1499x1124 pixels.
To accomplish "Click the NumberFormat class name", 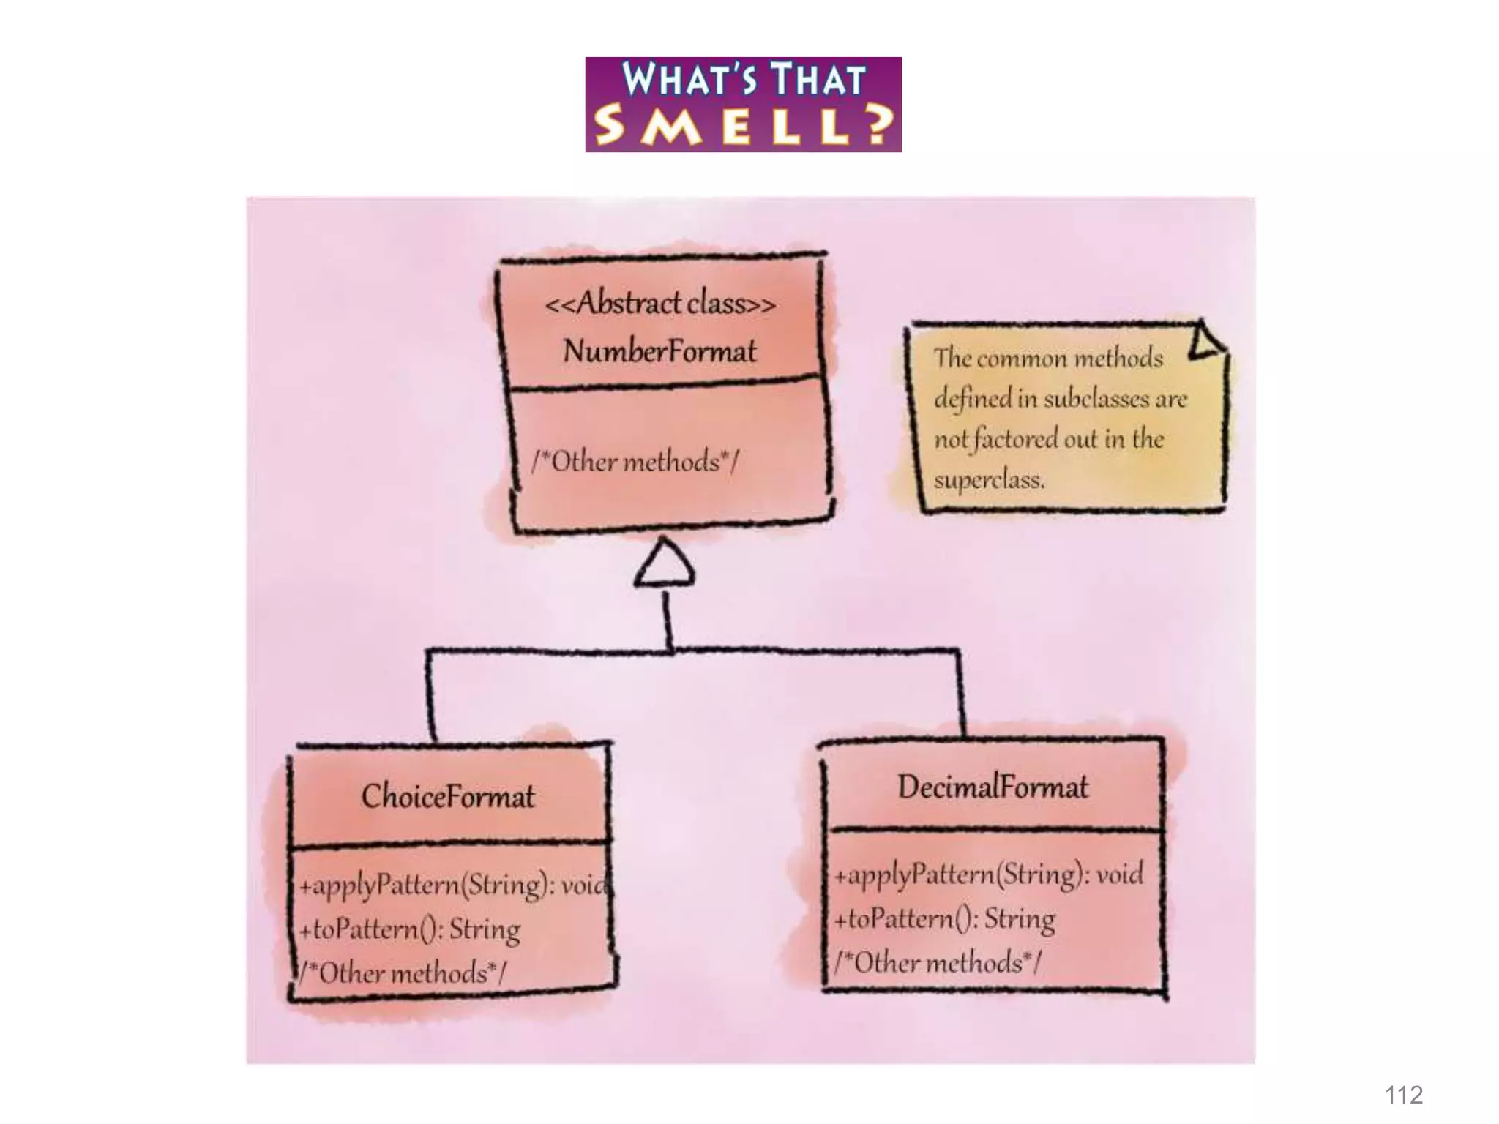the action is coord(659,351).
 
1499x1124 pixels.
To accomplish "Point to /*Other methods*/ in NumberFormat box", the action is coord(635,462).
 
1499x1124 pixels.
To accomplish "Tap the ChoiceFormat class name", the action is coord(448,796).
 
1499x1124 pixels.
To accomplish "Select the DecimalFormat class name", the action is coord(993,787).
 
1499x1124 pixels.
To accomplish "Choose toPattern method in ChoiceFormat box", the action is coord(410,929).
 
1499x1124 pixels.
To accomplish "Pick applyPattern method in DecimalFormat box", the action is coord(988,874).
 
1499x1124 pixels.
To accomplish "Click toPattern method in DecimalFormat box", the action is coord(945,918).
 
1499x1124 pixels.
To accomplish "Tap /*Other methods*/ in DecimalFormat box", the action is coord(938,962).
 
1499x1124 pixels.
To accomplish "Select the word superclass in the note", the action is coord(989,480).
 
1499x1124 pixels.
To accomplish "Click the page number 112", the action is coord(1403,1095).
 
